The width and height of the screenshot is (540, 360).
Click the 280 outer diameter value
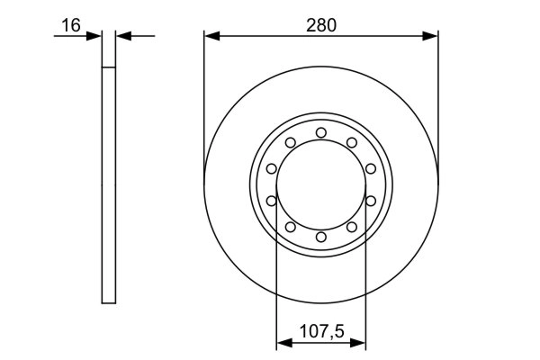click(x=320, y=25)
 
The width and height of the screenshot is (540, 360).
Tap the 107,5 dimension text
click(x=320, y=329)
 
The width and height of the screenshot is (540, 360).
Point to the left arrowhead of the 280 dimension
click(x=211, y=37)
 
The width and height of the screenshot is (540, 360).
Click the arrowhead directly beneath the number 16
click(x=95, y=37)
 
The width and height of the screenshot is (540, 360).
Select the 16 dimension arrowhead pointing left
click(x=123, y=37)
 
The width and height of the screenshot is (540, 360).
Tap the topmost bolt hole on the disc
click(x=321, y=133)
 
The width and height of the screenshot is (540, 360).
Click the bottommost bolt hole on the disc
click(x=321, y=237)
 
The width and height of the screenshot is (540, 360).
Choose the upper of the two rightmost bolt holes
click(x=371, y=168)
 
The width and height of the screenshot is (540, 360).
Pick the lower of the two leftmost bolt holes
click(x=271, y=201)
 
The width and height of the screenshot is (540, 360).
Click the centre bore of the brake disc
click(x=321, y=184)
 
